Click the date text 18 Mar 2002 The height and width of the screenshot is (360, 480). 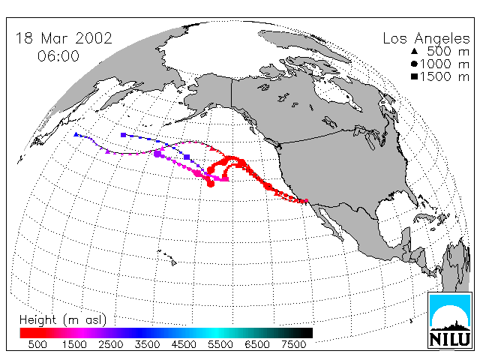coord(64,38)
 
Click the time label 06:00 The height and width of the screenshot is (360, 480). coord(58,56)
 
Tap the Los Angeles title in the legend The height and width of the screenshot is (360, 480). coord(426,39)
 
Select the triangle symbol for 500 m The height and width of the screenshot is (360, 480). coord(415,52)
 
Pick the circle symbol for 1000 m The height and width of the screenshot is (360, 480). coord(414,64)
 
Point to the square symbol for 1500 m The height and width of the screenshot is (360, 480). coord(414,76)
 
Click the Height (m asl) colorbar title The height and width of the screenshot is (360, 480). coord(63,320)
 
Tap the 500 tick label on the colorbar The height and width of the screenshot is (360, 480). coord(37,345)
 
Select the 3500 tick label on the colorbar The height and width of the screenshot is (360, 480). coord(147,345)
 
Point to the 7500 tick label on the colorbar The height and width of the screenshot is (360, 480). coord(293,345)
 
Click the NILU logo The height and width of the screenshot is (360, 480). coord(450,320)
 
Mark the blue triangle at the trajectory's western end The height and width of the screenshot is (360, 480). coord(76,134)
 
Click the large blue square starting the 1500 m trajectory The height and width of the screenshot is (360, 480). coord(123,135)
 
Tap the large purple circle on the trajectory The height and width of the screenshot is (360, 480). coord(157,154)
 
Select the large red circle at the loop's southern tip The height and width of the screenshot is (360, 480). coord(211,184)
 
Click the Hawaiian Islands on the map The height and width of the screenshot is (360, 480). coord(167,257)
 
